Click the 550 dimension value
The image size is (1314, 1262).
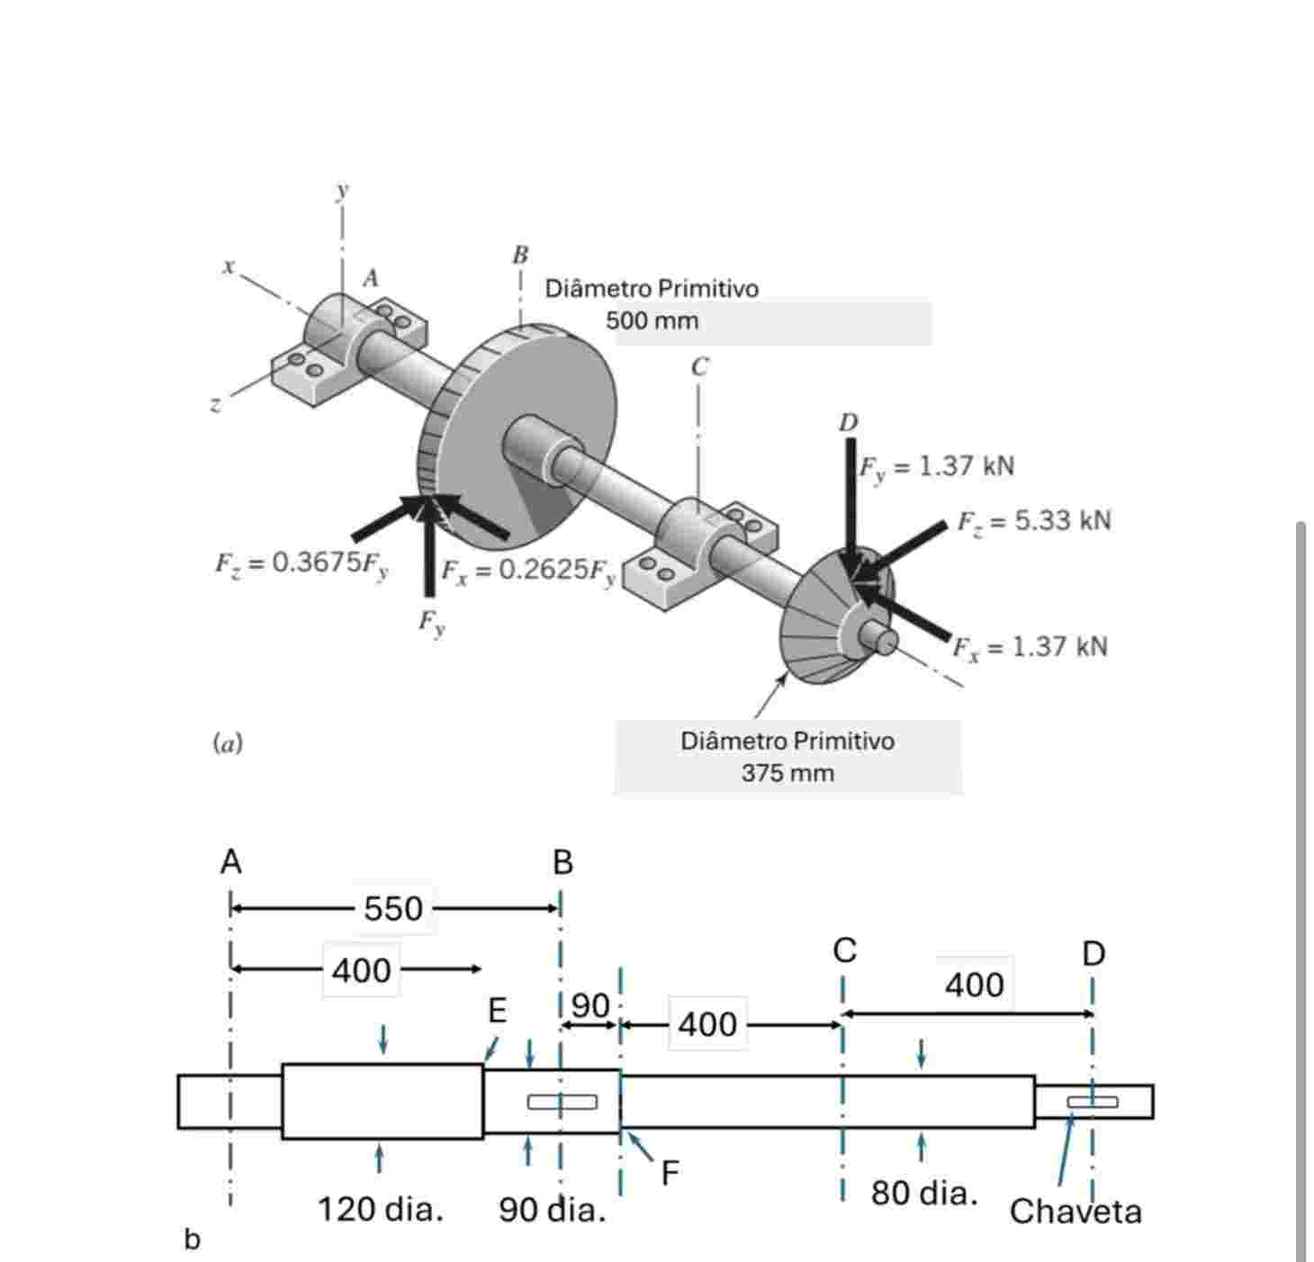pos(392,908)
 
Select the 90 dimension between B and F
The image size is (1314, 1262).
pos(590,1005)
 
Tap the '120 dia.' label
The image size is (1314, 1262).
pos(380,1209)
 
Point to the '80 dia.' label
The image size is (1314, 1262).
pos(923,1193)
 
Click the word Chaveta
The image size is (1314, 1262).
pos(1075,1212)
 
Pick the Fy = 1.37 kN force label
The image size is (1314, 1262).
pos(936,466)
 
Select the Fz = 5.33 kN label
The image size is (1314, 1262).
pos(1033,521)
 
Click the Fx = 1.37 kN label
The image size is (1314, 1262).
pos(1030,647)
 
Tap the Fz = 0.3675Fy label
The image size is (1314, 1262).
pos(301,563)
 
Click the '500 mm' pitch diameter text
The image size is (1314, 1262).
pos(652,320)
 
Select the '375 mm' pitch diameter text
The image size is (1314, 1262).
pos(787,773)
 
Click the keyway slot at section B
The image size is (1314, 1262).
pos(562,1102)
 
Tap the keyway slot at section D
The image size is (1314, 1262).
pos(1092,1102)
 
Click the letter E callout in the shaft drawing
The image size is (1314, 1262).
pos(497,1012)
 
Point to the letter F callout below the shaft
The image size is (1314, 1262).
pos(670,1173)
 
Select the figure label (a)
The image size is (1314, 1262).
pos(228,744)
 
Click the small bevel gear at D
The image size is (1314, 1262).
pos(828,621)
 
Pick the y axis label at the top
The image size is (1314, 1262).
pos(342,191)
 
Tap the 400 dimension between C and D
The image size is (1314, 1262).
pos(974,986)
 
